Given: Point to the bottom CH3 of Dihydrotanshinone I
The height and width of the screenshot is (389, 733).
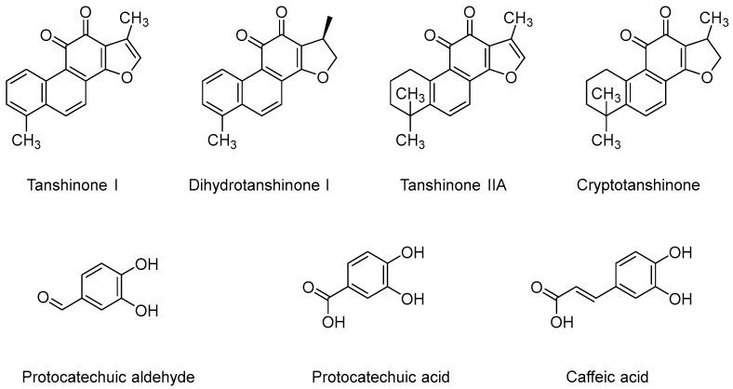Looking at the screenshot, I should click(x=221, y=141).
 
